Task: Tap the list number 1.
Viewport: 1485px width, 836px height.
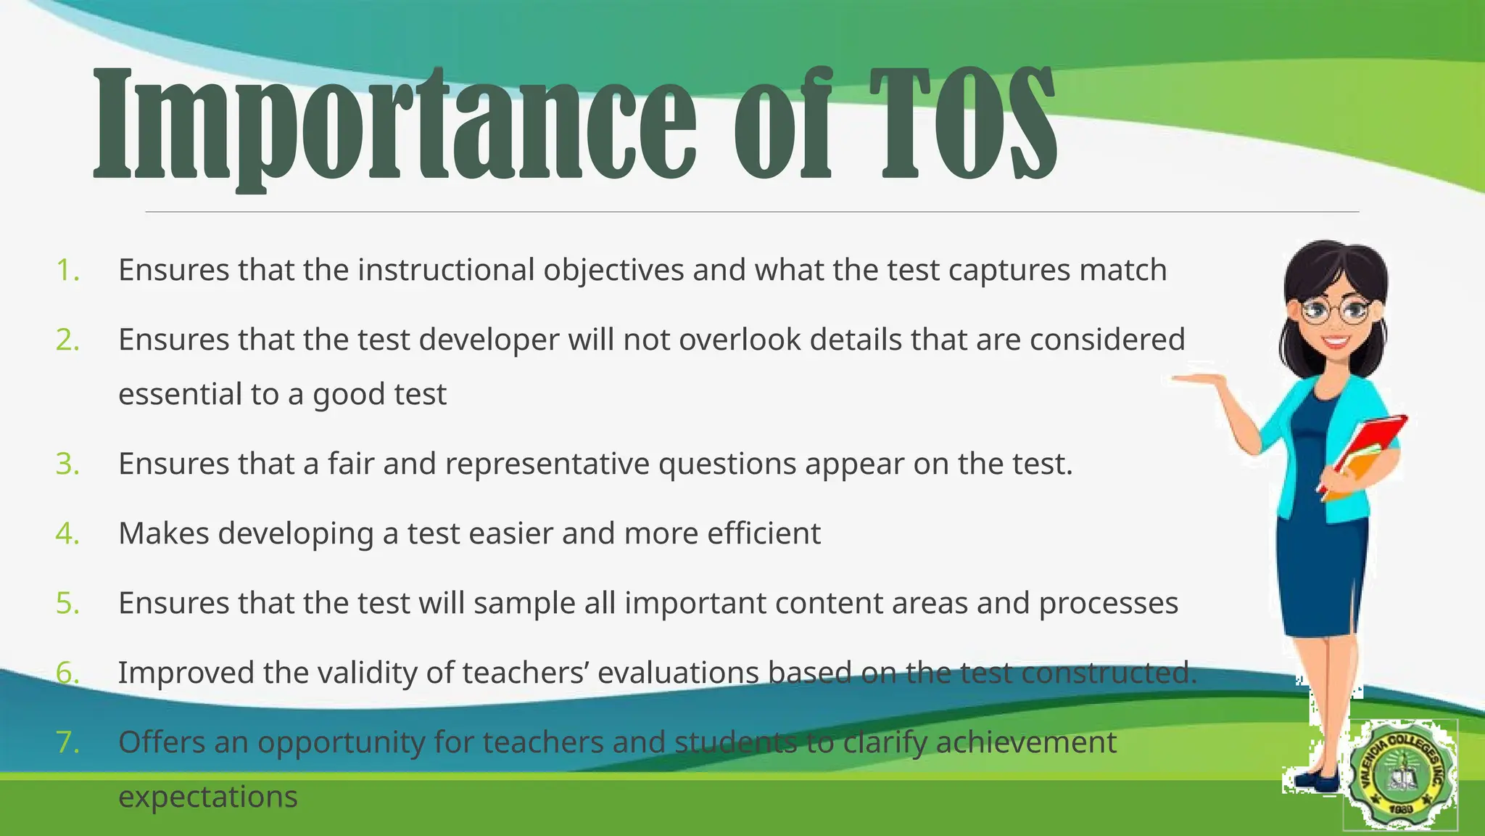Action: coord(67,270)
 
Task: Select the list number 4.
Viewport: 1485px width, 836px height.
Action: coord(67,533)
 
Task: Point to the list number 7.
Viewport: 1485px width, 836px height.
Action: coord(67,742)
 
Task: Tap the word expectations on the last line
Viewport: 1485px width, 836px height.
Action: coord(208,797)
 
